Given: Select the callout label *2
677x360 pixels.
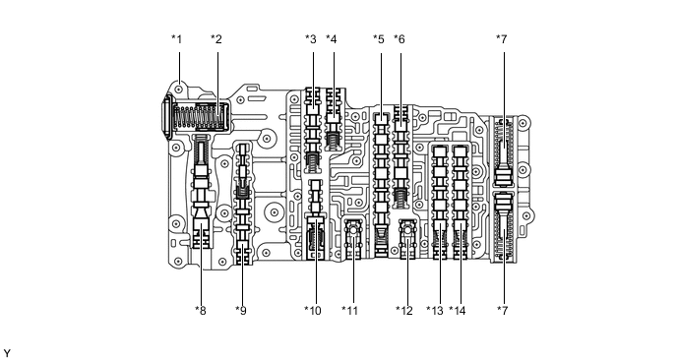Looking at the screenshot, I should pyautogui.click(x=216, y=39).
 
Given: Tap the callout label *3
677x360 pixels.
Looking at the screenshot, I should pyautogui.click(x=311, y=39).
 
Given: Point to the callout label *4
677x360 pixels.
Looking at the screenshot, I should pyautogui.click(x=332, y=39).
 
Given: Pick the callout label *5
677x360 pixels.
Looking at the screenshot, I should pyautogui.click(x=379, y=39).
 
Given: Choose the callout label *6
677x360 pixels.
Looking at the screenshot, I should pyautogui.click(x=400, y=39).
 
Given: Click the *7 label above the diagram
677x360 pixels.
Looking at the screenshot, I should pyautogui.click(x=504, y=39).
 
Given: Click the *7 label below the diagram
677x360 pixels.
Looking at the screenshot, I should pyautogui.click(x=504, y=311).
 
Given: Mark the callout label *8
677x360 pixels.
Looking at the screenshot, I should pyautogui.click(x=201, y=311).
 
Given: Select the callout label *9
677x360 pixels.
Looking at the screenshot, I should pyautogui.click(x=240, y=311).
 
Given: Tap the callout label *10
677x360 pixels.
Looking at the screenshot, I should pyautogui.click(x=313, y=311).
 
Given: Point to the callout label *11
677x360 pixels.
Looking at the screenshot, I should pyautogui.click(x=350, y=311).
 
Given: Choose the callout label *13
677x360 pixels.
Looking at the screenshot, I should pyautogui.click(x=435, y=311).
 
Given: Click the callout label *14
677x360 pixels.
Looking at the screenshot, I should pyautogui.click(x=457, y=311).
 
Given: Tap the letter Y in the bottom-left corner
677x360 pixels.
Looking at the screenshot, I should pyautogui.click(x=7, y=351).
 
